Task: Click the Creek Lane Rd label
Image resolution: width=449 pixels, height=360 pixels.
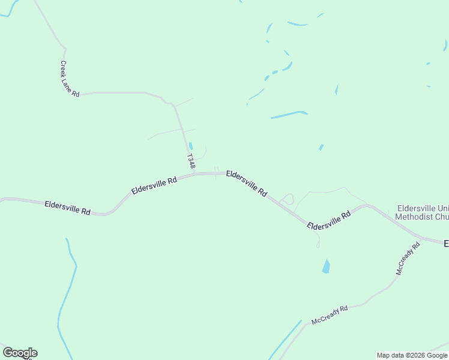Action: tap(70, 79)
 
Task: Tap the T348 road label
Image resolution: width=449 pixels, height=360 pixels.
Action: tap(191, 161)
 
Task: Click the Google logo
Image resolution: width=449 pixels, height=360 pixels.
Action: tap(20, 353)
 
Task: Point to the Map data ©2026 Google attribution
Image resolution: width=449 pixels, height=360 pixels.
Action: tap(412, 355)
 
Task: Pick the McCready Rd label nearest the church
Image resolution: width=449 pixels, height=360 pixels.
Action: tap(408, 259)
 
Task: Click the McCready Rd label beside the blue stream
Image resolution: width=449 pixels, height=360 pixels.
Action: tap(330, 315)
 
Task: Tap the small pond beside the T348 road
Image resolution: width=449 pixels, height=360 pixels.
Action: tap(191, 146)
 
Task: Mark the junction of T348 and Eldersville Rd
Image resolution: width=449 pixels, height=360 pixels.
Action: tap(195, 174)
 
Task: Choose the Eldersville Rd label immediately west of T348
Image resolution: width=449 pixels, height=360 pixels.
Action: tap(154, 185)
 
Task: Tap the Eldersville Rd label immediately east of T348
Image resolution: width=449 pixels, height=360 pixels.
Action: tap(247, 183)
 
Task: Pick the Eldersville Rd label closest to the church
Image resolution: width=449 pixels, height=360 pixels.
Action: tap(328, 221)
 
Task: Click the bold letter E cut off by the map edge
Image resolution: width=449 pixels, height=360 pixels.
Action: tap(446, 244)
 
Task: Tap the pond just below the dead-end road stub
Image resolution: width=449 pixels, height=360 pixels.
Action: tap(326, 266)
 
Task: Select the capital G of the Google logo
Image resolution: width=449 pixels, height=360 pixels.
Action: tap(8, 353)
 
